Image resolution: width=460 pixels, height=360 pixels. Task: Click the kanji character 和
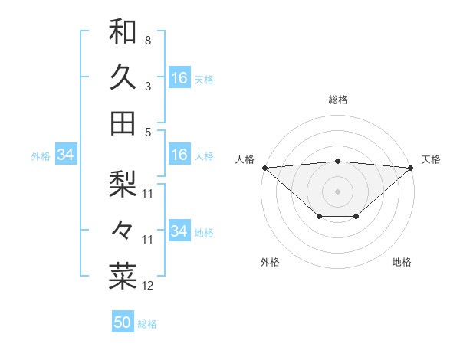point(123,31)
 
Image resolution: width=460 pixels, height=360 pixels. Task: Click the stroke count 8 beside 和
point(147,40)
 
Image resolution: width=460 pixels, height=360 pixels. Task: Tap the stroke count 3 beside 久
point(147,86)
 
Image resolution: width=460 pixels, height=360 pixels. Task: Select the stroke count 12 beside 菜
point(148,286)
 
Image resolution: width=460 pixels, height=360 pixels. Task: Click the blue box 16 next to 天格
point(179,78)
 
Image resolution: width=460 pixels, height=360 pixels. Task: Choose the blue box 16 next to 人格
point(179,155)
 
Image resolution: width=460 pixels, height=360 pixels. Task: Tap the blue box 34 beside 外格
point(65,155)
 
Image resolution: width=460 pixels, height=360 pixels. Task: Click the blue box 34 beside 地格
point(179,231)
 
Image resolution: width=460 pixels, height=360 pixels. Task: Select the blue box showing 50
point(123,322)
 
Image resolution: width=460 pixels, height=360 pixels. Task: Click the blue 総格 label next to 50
point(147,324)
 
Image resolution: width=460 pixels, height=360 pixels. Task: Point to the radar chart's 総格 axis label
point(337,100)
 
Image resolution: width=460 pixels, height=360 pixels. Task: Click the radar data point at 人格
point(264,168)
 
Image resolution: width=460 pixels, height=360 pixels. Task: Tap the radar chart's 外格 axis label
point(270,262)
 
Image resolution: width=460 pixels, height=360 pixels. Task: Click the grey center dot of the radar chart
point(337,191)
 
